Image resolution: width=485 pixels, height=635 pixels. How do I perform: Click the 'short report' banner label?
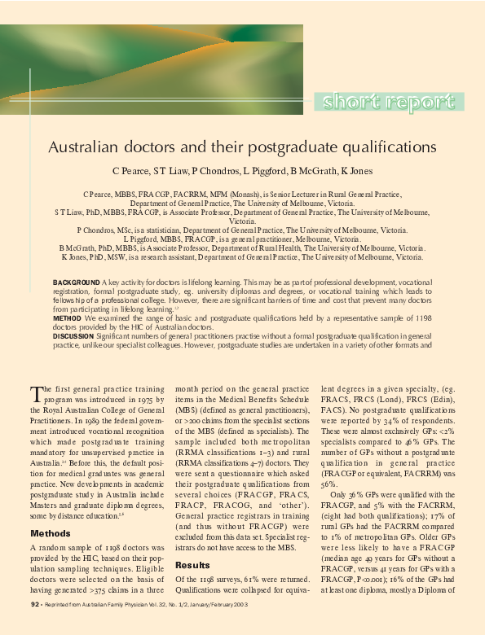393,103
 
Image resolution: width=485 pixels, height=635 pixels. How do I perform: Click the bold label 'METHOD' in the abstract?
68,317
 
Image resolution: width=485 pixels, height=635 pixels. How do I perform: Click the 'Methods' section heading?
51,533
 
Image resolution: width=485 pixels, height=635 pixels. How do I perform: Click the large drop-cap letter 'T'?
36,395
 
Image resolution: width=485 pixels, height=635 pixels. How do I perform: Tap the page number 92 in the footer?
35,604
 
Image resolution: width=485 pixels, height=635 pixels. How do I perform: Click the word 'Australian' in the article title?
86,149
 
